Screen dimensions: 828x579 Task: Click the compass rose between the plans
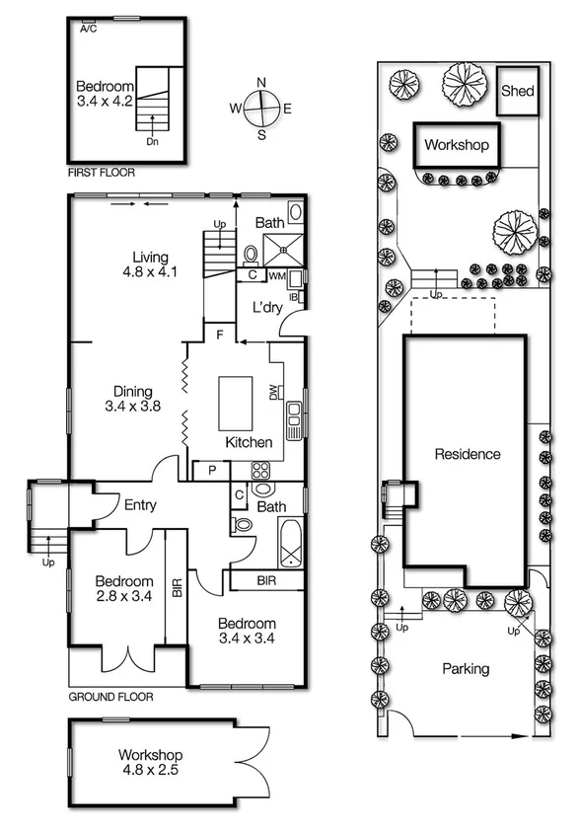click(261, 108)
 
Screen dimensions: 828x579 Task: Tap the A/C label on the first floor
click(89, 29)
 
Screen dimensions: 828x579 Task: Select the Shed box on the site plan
click(518, 91)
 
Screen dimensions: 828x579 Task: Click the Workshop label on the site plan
click(457, 145)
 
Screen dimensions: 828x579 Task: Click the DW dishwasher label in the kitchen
click(273, 394)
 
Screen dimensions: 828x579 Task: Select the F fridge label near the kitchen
click(222, 336)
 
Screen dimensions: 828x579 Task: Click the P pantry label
click(212, 470)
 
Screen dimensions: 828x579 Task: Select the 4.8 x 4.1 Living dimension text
click(150, 272)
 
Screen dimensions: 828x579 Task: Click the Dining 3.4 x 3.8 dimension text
click(132, 405)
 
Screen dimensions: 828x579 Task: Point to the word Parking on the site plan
click(465, 668)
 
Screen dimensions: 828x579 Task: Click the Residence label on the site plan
click(468, 454)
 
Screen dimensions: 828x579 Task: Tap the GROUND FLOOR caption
click(110, 696)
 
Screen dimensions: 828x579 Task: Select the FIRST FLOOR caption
click(102, 172)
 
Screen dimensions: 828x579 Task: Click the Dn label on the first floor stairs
click(152, 141)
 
